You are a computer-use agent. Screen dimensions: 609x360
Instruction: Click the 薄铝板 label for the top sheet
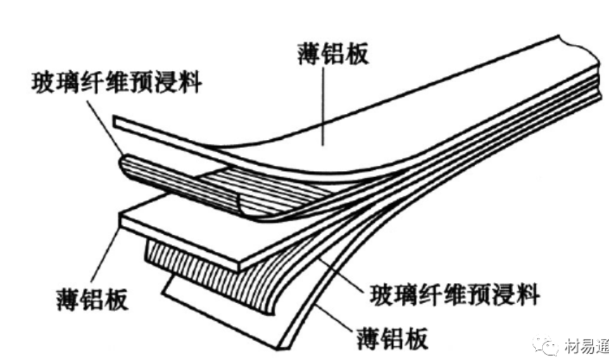(x=332, y=55)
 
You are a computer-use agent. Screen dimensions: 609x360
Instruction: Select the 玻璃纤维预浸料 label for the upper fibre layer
(x=115, y=81)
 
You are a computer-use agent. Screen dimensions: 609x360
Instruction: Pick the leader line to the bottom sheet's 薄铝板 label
(x=332, y=320)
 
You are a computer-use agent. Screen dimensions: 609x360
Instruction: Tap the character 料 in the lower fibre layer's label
(x=528, y=295)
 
